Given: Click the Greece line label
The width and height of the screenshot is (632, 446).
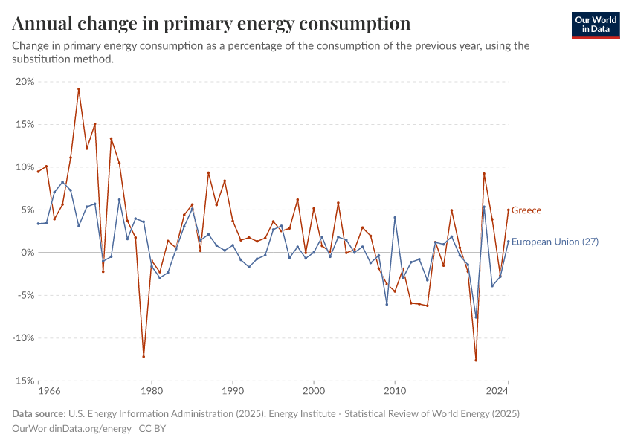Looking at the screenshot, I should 526,210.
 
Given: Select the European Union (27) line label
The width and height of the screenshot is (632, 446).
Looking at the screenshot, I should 555,242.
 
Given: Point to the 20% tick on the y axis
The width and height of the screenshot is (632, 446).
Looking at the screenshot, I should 25,82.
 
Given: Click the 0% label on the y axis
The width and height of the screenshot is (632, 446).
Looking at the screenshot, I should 28,253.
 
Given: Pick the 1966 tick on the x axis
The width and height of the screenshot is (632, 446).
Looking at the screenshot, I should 49,390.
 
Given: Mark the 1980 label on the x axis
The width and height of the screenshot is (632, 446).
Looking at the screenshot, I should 152,390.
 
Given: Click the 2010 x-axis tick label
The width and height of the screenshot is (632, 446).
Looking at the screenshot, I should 395,390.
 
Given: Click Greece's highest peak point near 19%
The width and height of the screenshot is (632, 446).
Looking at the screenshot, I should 79,90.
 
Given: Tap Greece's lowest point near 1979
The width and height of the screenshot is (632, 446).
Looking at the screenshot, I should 144,356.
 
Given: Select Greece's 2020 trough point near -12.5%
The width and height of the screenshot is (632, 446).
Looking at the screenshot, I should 476,360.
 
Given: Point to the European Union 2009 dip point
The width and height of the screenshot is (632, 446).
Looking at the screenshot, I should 387,304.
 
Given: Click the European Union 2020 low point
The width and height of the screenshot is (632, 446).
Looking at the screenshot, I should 476,317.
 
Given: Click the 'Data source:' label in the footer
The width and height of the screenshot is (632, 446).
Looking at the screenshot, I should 39,413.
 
